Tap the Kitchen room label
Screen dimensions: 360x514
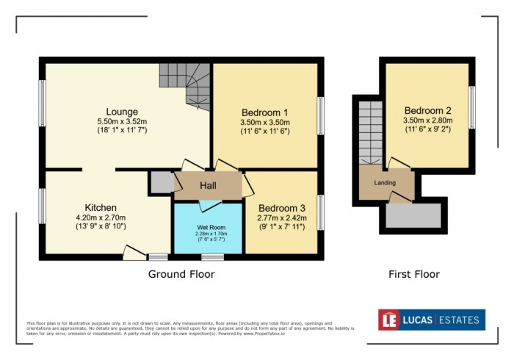coord(100,208)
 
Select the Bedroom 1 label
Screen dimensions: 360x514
coord(265,112)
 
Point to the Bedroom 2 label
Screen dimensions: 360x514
coord(427,109)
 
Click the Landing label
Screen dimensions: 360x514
coord(384,183)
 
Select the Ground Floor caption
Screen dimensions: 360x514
coord(181,274)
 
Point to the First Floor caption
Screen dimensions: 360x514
coord(414,274)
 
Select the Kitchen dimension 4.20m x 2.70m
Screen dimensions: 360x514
coord(100,217)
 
